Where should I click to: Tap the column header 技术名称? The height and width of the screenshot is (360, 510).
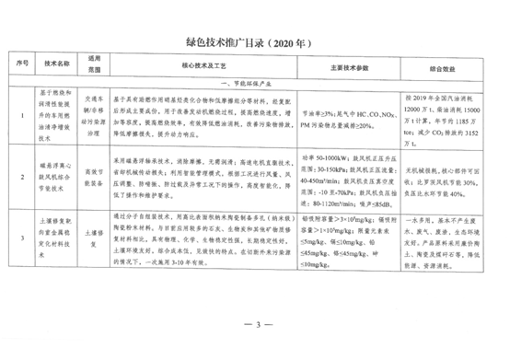point(55,66)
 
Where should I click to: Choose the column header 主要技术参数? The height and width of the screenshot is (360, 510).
point(344,66)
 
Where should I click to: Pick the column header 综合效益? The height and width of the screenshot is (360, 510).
point(444,66)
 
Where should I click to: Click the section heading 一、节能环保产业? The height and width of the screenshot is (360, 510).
point(255,82)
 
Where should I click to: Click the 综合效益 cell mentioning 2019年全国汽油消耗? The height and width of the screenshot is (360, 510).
point(444,116)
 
